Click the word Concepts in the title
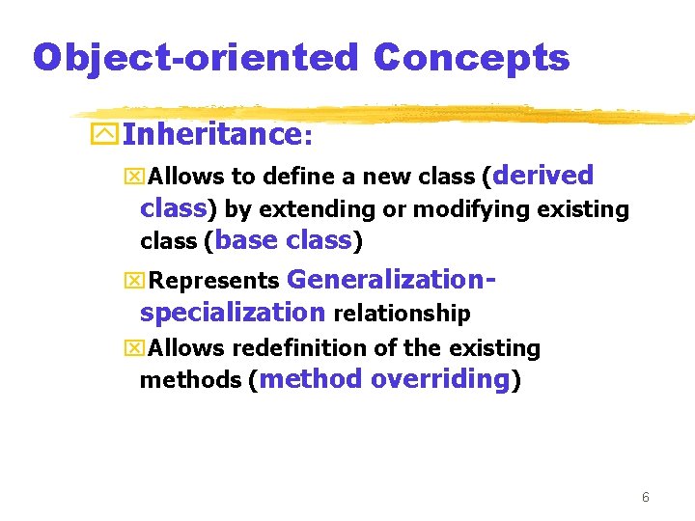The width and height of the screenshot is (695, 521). [471, 58]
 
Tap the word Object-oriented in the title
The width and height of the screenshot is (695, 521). [195, 58]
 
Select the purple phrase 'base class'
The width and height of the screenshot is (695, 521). [285, 240]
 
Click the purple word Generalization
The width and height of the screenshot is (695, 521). [388, 280]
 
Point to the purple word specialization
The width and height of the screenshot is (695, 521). [233, 313]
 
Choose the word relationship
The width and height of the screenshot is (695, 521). [402, 314]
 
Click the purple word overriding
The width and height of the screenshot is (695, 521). [439, 379]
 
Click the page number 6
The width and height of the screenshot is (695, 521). [645, 498]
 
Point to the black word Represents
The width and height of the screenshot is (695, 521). [214, 282]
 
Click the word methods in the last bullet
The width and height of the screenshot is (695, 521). [190, 380]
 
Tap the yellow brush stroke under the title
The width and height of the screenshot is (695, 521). [386, 114]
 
